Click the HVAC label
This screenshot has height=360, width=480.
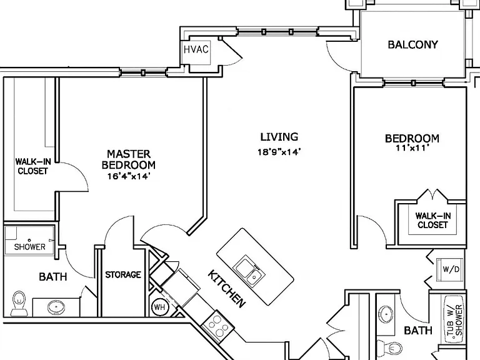point(196,49)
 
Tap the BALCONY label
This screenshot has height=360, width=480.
point(412,45)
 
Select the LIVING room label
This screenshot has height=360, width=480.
point(279,137)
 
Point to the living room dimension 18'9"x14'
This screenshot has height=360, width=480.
point(279,152)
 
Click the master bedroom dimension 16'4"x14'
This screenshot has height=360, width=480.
point(129,176)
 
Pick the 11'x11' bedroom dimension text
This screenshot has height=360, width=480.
point(412,148)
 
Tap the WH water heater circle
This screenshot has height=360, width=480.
point(159,307)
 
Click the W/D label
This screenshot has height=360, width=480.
point(451,269)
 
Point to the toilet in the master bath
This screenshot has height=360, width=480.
point(20,303)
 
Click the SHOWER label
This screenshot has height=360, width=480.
point(30,247)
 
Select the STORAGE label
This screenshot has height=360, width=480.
point(123,274)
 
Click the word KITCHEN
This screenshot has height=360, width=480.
point(226,289)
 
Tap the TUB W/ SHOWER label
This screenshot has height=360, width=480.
point(454,320)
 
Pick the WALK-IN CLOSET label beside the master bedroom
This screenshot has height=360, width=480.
point(33,166)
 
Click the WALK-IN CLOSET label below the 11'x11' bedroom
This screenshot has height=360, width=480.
point(433,221)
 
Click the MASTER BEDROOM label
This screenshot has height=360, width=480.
point(129,159)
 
